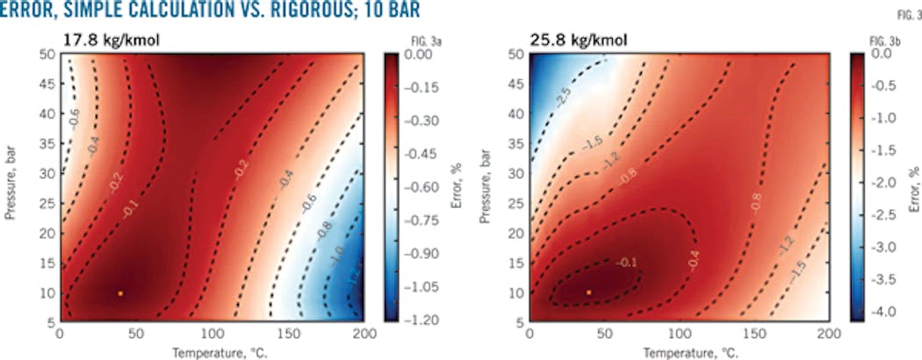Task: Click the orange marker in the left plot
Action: tap(120, 292)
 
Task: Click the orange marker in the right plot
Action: tap(588, 292)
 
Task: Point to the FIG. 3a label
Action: tap(400, 41)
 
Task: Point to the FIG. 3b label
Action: tap(868, 41)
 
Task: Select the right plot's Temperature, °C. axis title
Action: tap(680, 349)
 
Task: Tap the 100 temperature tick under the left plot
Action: tap(210, 334)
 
